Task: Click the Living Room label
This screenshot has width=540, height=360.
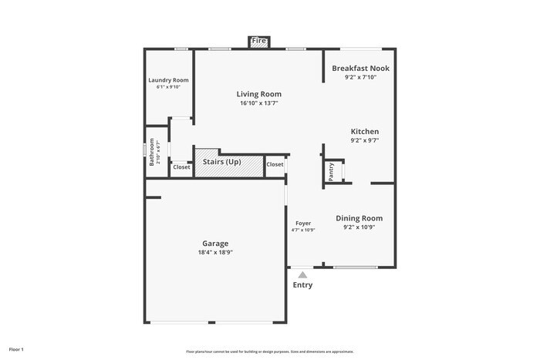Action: point(258,94)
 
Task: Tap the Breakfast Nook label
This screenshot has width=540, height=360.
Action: point(360,68)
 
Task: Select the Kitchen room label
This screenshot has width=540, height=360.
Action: point(365,131)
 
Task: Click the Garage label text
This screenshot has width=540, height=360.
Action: point(215,243)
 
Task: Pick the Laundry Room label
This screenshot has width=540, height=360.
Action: point(168,80)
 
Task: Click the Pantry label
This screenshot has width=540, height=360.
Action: point(331,171)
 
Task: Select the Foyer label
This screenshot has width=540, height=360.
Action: point(303,223)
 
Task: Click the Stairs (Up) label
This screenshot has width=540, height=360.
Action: point(222,162)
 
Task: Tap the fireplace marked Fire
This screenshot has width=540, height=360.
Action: point(258,41)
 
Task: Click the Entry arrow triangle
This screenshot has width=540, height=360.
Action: point(302,274)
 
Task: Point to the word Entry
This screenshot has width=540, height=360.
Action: point(302,285)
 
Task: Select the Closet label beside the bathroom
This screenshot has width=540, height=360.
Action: point(181,167)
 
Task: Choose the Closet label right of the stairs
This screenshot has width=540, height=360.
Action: point(275,164)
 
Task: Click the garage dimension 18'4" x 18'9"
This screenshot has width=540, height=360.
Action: point(215,252)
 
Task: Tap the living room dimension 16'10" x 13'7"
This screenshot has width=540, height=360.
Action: point(258,103)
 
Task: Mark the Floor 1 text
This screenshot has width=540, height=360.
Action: point(16,349)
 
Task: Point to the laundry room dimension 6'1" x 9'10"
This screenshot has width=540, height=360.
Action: point(168,87)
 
